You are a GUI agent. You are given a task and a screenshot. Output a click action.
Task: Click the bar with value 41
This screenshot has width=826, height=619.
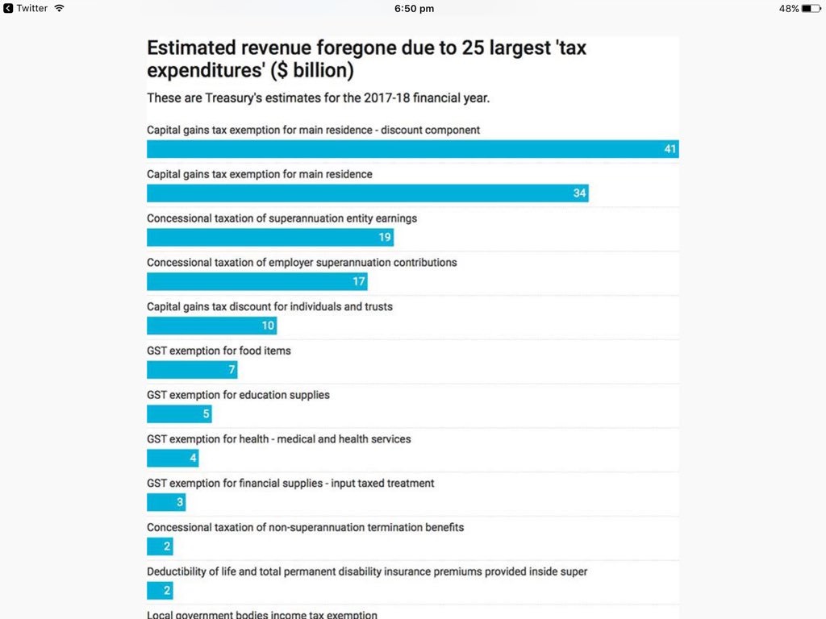[411, 149]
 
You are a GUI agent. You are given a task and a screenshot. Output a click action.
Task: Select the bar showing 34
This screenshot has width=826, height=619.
[367, 193]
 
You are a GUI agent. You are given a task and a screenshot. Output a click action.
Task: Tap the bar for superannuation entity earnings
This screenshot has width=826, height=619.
[269, 238]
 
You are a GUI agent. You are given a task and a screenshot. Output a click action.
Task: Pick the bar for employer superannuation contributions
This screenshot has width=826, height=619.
[257, 281]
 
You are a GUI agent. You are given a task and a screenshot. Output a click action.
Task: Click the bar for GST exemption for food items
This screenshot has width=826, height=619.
[191, 370]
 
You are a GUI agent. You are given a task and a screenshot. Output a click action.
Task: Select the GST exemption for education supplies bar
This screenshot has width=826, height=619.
[178, 414]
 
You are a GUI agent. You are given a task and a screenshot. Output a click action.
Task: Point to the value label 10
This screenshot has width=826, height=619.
[268, 326]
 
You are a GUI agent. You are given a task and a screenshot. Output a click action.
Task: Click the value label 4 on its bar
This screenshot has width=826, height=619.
[193, 459]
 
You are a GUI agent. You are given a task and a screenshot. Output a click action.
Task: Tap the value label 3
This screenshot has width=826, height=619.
[180, 503]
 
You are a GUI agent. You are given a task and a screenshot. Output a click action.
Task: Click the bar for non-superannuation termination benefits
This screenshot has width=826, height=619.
[160, 546]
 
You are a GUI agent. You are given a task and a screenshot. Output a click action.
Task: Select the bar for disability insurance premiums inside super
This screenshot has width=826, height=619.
[160, 591]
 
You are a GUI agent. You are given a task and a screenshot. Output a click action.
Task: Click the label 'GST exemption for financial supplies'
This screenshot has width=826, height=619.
[290, 484]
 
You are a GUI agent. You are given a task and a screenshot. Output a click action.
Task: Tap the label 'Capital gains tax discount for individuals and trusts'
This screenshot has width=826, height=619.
[269, 307]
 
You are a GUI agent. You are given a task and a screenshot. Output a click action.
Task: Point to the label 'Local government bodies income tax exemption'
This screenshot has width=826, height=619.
[261, 615]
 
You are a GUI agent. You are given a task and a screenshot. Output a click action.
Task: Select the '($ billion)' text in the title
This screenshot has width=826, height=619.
[312, 70]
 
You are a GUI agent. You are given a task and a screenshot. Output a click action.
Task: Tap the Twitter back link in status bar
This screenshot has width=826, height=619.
[26, 8]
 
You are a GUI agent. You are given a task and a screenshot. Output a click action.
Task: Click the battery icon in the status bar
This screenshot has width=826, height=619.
[811, 8]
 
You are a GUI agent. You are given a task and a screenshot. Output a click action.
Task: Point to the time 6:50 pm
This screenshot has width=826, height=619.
[414, 8]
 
